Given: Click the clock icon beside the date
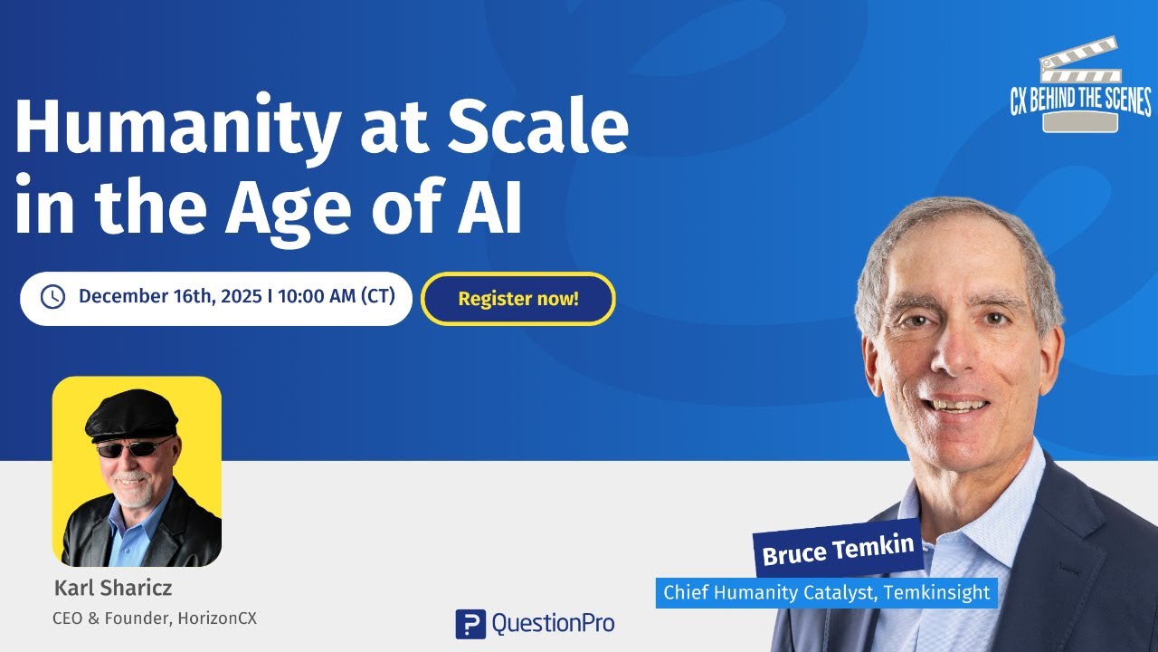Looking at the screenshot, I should (x=53, y=297).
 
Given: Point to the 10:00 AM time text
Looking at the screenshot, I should (x=316, y=297).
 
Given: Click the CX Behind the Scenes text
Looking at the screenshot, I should (x=1080, y=100).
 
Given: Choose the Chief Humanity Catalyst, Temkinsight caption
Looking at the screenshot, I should (x=826, y=593).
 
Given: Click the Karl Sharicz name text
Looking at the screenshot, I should (x=113, y=588).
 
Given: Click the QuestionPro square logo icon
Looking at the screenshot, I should (x=470, y=623).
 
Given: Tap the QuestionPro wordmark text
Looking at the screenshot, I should (x=552, y=623).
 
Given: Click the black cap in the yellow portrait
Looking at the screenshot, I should (x=132, y=418).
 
